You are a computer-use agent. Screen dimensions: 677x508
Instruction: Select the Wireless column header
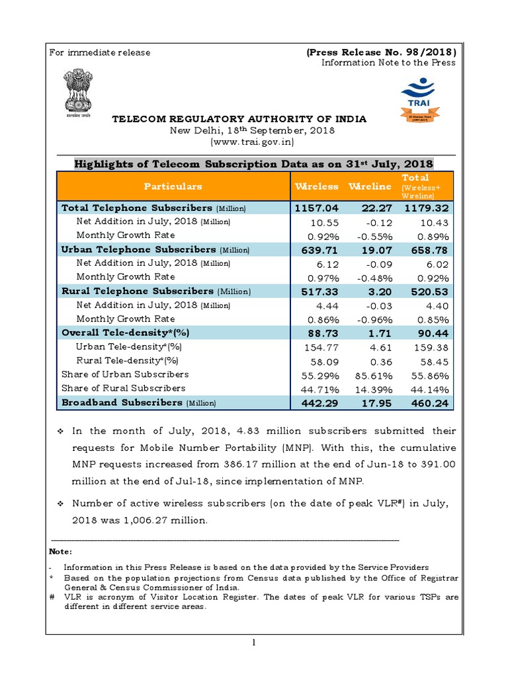tap(316, 186)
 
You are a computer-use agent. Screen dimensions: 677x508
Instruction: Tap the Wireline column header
tap(370, 186)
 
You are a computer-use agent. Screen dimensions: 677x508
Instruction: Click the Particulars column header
tap(173, 186)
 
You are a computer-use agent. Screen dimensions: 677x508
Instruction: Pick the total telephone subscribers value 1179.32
tap(427, 208)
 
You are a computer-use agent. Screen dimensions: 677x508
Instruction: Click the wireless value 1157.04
tap(316, 208)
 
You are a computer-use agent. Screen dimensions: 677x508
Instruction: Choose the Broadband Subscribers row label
tap(122, 403)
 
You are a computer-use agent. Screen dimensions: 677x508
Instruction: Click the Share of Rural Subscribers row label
tap(123, 388)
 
